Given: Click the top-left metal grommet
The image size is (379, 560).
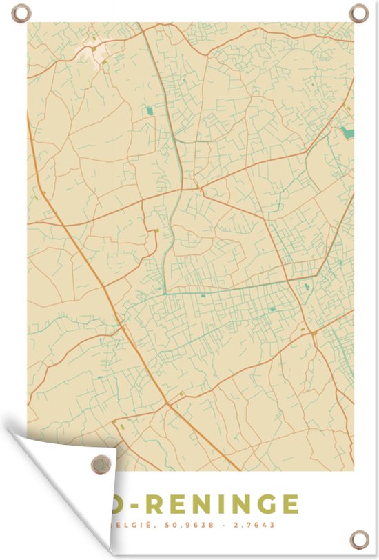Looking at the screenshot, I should click(x=21, y=12).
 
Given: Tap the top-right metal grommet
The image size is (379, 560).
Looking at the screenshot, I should click(x=358, y=12).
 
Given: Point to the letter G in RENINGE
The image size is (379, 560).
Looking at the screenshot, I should click(x=260, y=504).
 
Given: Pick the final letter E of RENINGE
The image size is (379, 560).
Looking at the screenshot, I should click(x=290, y=504).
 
